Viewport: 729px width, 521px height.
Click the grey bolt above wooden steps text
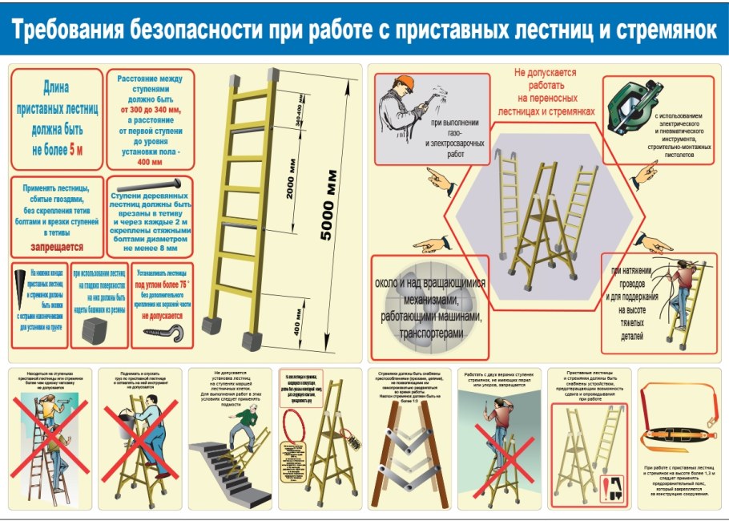click(150, 186)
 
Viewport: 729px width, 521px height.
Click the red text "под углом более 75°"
click(161, 283)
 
